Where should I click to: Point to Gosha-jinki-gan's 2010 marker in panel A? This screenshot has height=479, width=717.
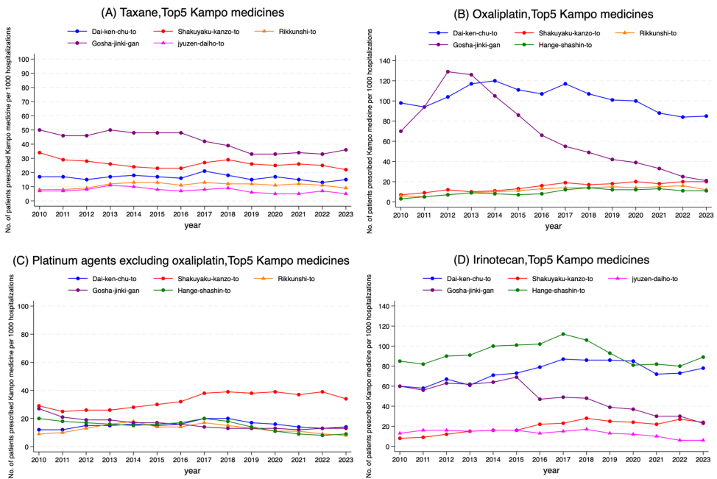tap(39, 129)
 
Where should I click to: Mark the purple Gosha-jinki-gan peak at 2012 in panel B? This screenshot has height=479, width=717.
tap(447, 71)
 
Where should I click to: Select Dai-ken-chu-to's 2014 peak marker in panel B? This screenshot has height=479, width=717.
tap(495, 81)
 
